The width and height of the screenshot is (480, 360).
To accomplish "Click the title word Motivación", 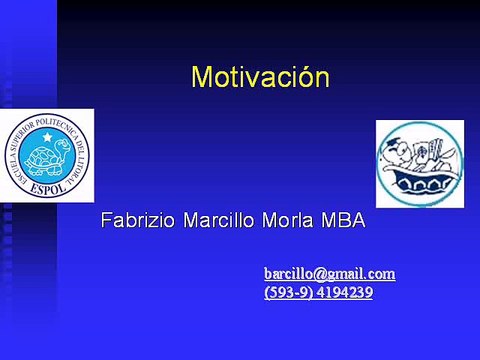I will click(x=260, y=77).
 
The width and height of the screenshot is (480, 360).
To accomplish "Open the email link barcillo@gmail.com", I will click(x=329, y=273).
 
